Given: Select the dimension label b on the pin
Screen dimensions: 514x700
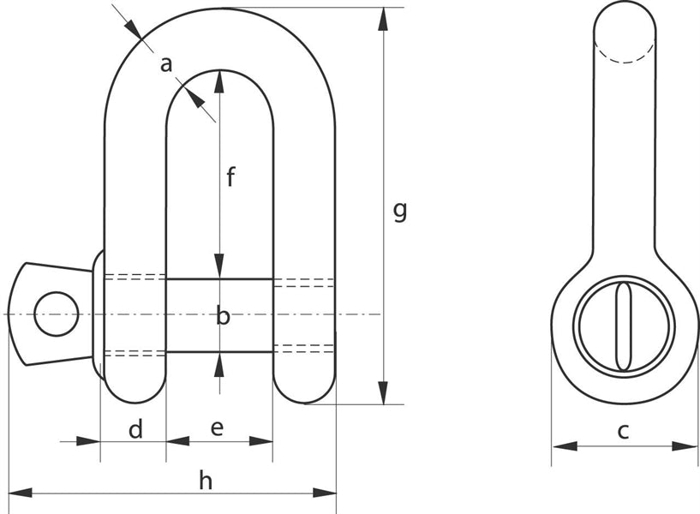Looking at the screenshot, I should coord(223,316).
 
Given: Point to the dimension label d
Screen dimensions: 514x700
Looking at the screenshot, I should coord(135,429).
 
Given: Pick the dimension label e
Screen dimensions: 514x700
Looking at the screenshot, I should coord(217,428).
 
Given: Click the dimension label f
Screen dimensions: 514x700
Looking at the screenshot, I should coord(230,177).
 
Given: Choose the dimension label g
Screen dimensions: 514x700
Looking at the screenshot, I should coord(399,210).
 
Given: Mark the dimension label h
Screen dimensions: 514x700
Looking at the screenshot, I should coord(206,481).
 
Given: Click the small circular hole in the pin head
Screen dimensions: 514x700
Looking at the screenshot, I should coord(57,314).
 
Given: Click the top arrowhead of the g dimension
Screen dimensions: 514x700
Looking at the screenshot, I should coord(383,19).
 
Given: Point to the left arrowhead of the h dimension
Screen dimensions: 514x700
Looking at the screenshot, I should coord(19,493).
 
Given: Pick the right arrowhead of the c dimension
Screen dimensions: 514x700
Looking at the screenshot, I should coord(687,445).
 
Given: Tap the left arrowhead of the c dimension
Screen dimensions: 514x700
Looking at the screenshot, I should coord(562,445).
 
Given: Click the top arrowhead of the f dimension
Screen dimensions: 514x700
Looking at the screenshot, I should coord(220,81).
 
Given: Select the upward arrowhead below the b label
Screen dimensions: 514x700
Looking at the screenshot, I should coord(220,363).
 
